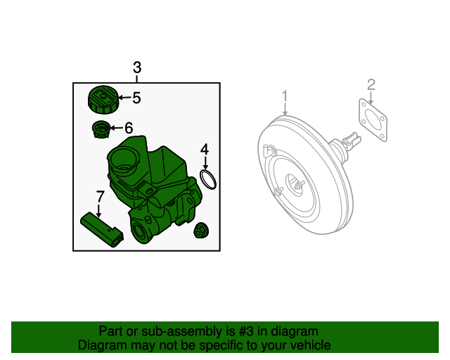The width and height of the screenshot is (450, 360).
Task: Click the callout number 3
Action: coord(137,67)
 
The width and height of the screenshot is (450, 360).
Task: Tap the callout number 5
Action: coord(136,98)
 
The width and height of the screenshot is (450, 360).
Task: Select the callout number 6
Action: coord(128,128)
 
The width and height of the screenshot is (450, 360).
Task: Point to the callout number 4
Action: coord(205,149)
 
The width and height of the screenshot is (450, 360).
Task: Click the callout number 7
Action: coord(100,195)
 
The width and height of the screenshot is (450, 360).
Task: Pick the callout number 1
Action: coord(285,96)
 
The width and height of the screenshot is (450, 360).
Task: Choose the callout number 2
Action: coord(371,85)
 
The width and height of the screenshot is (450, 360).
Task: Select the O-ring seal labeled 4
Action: coord(207,179)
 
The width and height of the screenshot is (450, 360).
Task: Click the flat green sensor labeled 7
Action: coord(103,229)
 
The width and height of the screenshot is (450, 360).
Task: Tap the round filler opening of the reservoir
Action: coord(124,167)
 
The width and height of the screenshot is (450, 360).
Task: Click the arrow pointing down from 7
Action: coord(99,209)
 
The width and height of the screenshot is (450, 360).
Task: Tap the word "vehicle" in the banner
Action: coord(310,345)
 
